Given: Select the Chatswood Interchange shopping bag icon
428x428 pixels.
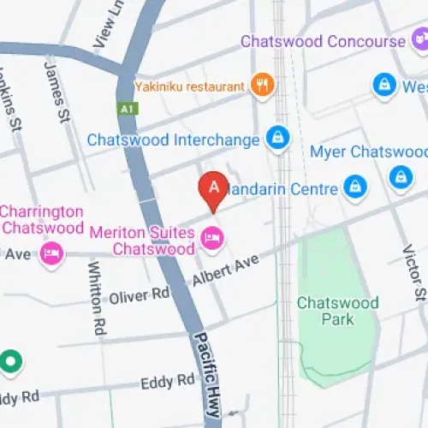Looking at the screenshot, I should (276, 137).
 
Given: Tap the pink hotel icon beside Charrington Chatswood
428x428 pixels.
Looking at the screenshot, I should (52, 255).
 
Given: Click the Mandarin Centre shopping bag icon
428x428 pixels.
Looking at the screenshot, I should (353, 186).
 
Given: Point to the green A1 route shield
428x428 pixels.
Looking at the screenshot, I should (126, 109).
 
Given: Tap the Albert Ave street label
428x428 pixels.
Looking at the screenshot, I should (225, 270).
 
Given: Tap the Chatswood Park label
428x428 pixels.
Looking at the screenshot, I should (325, 311).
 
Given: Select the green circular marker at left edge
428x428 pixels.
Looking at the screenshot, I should (10, 362).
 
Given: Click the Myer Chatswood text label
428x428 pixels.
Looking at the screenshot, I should (368, 152).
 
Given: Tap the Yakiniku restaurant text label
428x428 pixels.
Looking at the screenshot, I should (190, 86).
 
